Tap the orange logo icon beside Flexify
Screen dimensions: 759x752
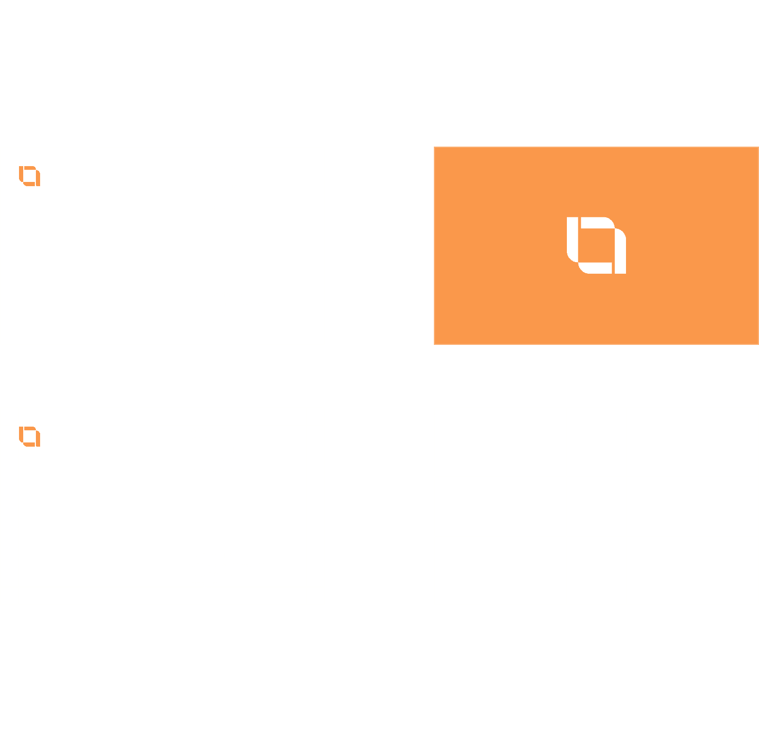click(x=30, y=176)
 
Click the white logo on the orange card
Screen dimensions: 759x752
click(x=596, y=245)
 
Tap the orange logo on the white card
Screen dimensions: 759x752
click(x=30, y=437)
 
